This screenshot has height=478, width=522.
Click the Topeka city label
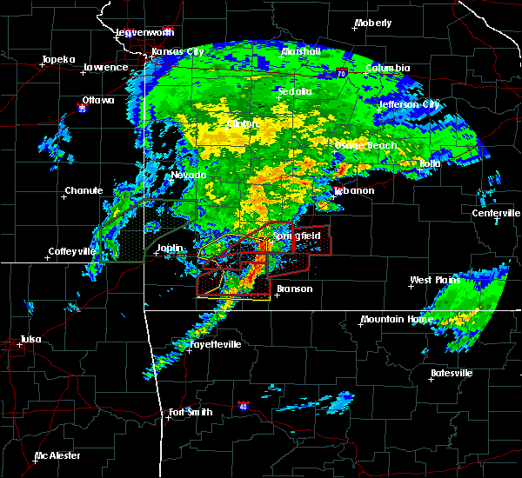(59, 61)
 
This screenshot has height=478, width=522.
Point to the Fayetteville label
(216, 345)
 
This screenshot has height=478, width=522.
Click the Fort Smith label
(191, 412)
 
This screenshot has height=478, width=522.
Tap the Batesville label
(452, 374)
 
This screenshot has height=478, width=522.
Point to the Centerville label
(497, 213)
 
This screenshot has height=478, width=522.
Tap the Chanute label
(84, 191)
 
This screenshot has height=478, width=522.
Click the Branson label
(294, 289)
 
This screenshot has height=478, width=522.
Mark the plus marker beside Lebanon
(332, 196)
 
